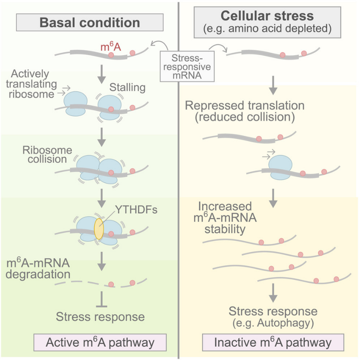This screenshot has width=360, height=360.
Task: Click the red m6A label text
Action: (x=111, y=47)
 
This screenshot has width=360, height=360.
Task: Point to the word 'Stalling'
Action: (x=127, y=87)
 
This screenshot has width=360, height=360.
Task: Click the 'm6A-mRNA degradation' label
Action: (x=38, y=269)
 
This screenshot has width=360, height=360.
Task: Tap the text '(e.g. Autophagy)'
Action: (x=273, y=322)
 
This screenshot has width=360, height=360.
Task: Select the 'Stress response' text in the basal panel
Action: (x=101, y=317)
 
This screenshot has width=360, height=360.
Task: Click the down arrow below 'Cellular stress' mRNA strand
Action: (x=273, y=83)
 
